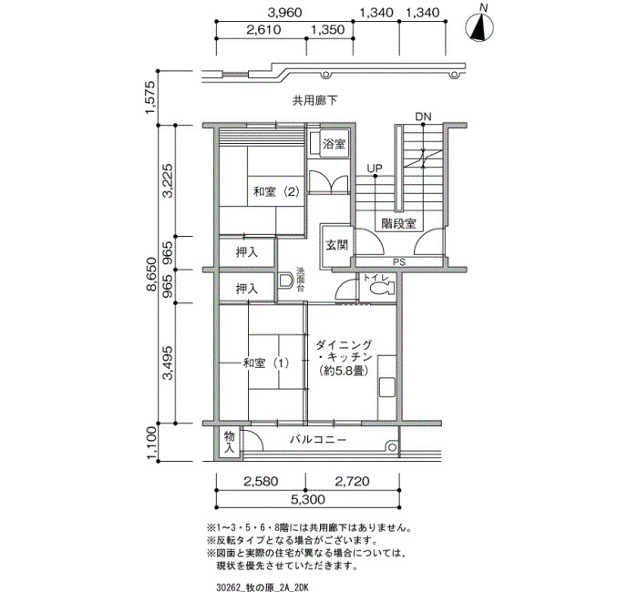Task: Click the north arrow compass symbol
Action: tap(479, 27)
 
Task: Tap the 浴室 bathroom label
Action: tap(334, 144)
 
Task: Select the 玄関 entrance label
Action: tap(336, 245)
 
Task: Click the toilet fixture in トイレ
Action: tap(382, 288)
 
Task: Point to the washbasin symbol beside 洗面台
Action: tap(286, 281)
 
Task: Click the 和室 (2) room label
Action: tap(276, 191)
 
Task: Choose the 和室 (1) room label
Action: tap(266, 362)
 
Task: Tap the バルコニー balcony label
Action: tap(318, 440)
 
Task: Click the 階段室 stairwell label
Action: tap(399, 223)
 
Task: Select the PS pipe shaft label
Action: tap(399, 262)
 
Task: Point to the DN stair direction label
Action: tap(423, 117)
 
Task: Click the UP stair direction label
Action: tap(375, 168)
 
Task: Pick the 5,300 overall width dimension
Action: tap(308, 499)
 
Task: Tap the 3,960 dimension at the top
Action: tap(284, 12)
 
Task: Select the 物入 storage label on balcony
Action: tap(229, 443)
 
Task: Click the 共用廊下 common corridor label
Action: tap(315, 100)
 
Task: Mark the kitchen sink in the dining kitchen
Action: tap(387, 387)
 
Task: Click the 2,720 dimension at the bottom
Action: tap(352, 482)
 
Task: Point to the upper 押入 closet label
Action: tap(247, 252)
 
